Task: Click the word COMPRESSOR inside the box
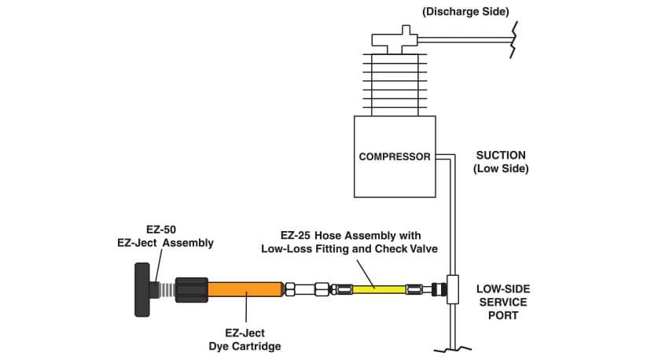click(395, 156)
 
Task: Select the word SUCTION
click(501, 155)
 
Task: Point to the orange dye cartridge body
click(244, 290)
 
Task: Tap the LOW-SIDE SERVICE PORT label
click(502, 302)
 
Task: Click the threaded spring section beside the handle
click(165, 290)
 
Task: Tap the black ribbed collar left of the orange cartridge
click(191, 290)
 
